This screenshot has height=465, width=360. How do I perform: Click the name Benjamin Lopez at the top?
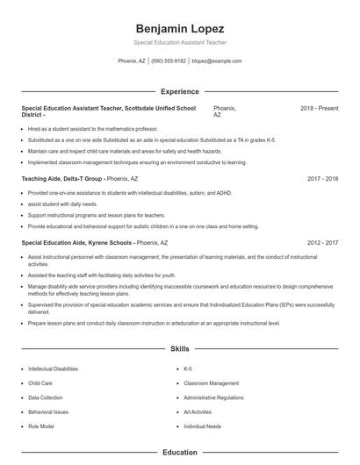pyautogui.click(x=179, y=28)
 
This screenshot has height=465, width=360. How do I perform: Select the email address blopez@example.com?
pyautogui.click(x=216, y=61)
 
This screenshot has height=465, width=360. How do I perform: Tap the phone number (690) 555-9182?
pyautogui.click(x=169, y=61)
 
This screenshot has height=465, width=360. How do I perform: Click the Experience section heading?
pyautogui.click(x=179, y=91)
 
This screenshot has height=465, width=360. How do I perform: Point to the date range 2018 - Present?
pyautogui.click(x=319, y=108)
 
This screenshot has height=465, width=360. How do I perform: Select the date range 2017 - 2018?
pyautogui.click(x=322, y=178)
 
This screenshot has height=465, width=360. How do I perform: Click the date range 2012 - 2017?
pyautogui.click(x=322, y=240)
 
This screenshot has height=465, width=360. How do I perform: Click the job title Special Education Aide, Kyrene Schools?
pyautogui.click(x=76, y=240)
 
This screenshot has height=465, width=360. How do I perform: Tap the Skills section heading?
pyautogui.click(x=179, y=348)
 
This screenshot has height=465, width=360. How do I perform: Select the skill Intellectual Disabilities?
pyautogui.click(x=53, y=369)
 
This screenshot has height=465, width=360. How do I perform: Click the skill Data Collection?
pyautogui.click(x=46, y=397)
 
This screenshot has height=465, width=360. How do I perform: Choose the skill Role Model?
pyautogui.click(x=40, y=426)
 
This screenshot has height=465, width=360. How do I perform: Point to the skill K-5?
pyautogui.click(x=189, y=369)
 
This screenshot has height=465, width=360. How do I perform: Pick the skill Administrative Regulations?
pyautogui.click(x=213, y=397)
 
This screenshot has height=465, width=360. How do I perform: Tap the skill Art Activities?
pyautogui.click(x=198, y=411)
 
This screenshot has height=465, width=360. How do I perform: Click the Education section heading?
pyautogui.click(x=179, y=453)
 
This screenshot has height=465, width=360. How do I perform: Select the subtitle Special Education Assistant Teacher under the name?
pyautogui.click(x=179, y=42)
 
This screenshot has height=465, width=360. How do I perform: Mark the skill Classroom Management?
pyautogui.click(x=211, y=383)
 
